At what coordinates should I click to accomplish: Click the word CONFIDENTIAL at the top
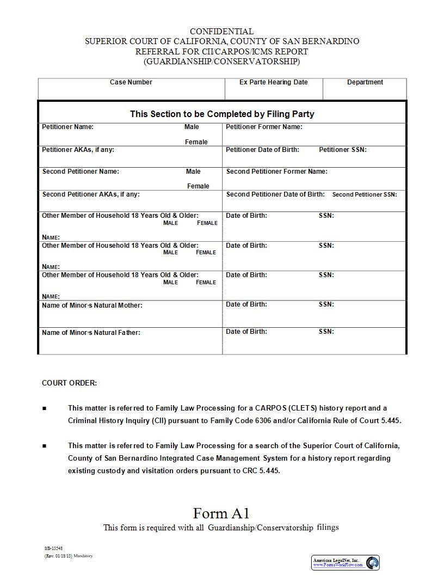(221, 32)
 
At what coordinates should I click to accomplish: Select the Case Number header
(131, 82)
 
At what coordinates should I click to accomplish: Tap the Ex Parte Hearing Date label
(273, 82)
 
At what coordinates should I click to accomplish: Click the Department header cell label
(365, 82)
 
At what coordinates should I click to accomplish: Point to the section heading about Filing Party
(222, 114)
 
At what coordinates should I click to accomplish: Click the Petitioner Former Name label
(264, 127)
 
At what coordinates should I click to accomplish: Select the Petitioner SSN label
(342, 149)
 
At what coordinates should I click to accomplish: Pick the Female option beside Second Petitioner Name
(198, 186)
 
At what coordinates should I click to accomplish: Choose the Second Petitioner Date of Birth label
(275, 194)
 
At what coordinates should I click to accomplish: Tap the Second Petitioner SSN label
(365, 194)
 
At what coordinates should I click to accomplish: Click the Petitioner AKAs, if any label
(78, 149)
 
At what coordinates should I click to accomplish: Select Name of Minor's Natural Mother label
(92, 305)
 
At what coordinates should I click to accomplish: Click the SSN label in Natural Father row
(326, 332)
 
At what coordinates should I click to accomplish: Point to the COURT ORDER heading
(69, 383)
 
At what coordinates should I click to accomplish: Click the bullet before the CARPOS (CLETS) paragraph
(44, 408)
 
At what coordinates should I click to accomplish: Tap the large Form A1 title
(221, 513)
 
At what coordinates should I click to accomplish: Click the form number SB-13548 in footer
(53, 548)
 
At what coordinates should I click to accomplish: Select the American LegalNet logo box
(346, 562)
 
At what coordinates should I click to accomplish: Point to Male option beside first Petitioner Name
(192, 127)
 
